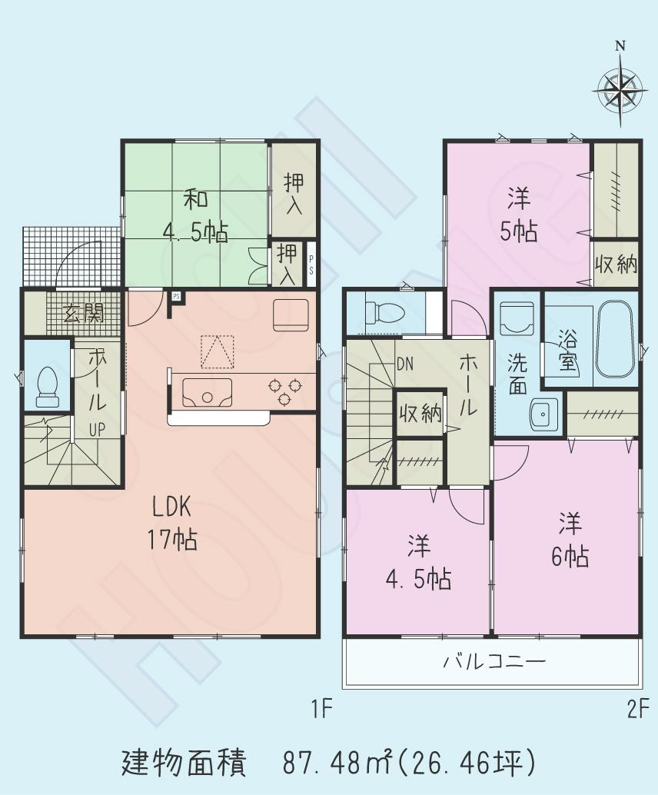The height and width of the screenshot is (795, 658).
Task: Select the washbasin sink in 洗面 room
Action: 544,415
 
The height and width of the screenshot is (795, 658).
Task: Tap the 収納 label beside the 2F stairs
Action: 420,414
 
